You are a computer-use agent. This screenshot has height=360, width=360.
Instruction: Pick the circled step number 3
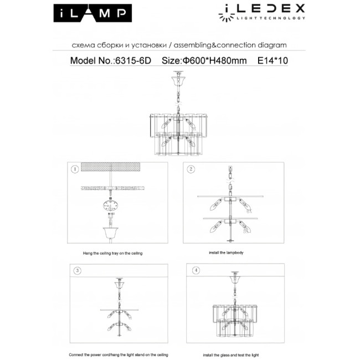78,271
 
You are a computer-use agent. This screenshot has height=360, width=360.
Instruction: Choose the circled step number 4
195,271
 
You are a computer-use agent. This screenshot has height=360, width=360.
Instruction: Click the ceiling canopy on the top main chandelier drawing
179,81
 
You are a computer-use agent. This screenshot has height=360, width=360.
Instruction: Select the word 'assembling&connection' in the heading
218,45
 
